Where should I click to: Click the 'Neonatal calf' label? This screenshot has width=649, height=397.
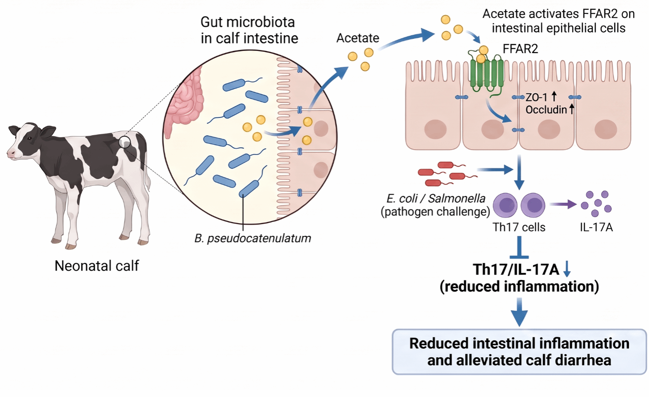point(97,266)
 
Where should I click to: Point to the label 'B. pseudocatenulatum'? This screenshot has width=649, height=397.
point(253,238)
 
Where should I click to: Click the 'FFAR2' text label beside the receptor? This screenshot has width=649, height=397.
point(520,49)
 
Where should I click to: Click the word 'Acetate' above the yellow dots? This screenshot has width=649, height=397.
point(358,38)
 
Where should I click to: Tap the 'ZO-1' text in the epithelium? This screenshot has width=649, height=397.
point(536,97)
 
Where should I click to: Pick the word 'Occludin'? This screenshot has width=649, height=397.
point(546,110)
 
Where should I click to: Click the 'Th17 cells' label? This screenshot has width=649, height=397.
point(519,227)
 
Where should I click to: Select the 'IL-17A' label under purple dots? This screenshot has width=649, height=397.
point(596,227)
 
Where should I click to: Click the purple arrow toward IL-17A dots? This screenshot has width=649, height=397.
point(563,204)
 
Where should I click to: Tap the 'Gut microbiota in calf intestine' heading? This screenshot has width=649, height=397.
point(249,30)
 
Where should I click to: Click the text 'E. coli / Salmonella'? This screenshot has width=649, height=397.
point(436,198)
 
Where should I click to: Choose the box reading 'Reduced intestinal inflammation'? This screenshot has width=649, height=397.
point(520,352)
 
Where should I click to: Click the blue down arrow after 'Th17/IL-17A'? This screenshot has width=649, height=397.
point(567,269)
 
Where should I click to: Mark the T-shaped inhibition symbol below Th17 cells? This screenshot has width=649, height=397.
point(519,247)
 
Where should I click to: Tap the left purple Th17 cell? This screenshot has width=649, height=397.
point(505,205)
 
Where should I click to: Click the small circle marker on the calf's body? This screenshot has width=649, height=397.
point(125,142)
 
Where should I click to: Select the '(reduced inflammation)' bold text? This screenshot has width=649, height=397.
point(519,286)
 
